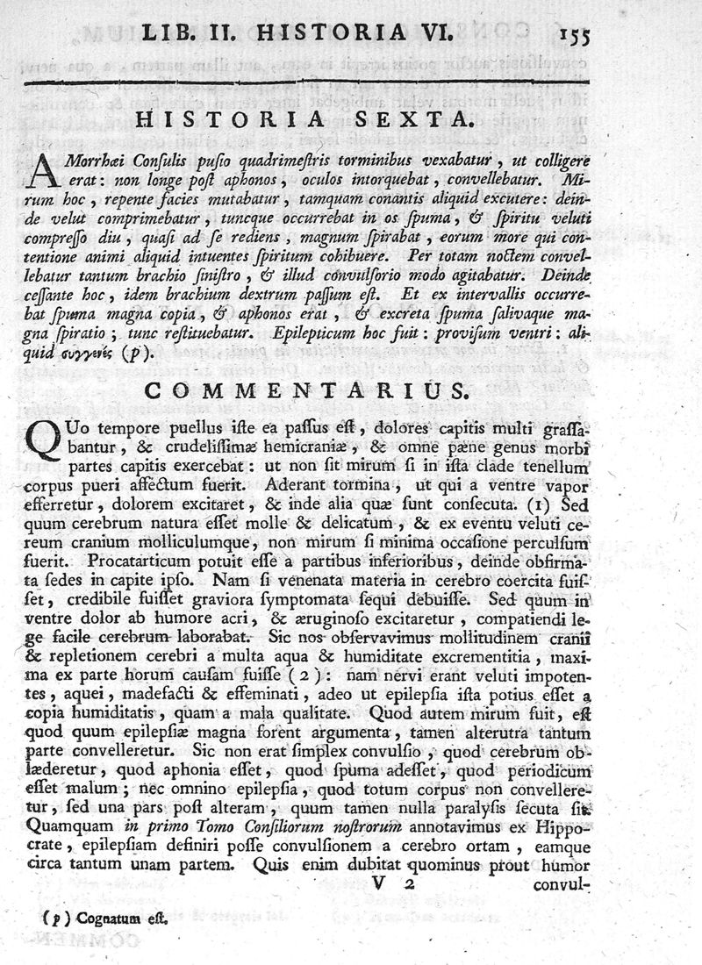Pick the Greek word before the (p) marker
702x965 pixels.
point(95,354)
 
